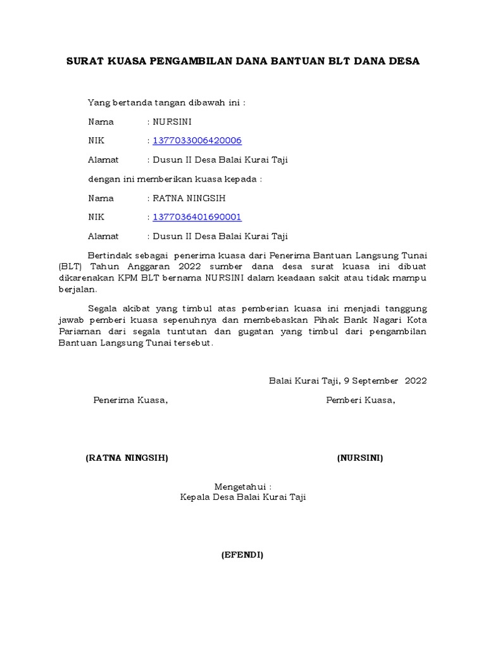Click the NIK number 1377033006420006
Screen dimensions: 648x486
tap(197, 140)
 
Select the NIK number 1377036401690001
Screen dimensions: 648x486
tap(197, 217)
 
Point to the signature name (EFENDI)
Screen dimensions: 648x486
tap(242, 556)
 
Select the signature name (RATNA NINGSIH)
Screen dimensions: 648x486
tap(127, 458)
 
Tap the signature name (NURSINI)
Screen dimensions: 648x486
tap(360, 458)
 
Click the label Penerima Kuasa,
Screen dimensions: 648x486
tap(131, 400)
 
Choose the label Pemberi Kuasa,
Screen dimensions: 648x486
tap(361, 400)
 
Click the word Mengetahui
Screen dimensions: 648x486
tap(242, 487)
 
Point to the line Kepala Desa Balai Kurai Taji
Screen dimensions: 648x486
tap(243, 497)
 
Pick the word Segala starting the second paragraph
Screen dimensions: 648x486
tap(103, 309)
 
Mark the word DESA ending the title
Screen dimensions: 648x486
tap(403, 61)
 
